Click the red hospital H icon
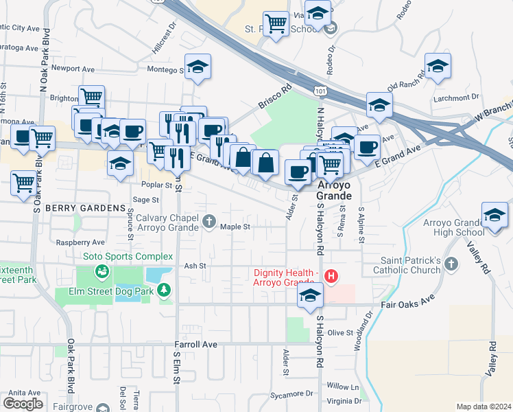(331, 277)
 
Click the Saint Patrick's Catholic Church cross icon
(451, 264)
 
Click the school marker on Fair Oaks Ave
(310, 296)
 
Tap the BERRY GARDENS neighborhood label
(86, 207)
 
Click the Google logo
(23, 403)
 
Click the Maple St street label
(235, 226)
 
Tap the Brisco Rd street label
(275, 97)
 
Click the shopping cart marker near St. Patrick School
(276, 24)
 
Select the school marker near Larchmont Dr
(438, 67)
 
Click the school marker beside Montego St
(198, 67)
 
